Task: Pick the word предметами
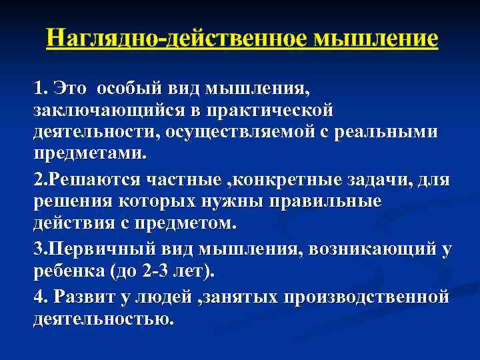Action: [88, 153]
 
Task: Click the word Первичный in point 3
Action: [102, 250]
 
